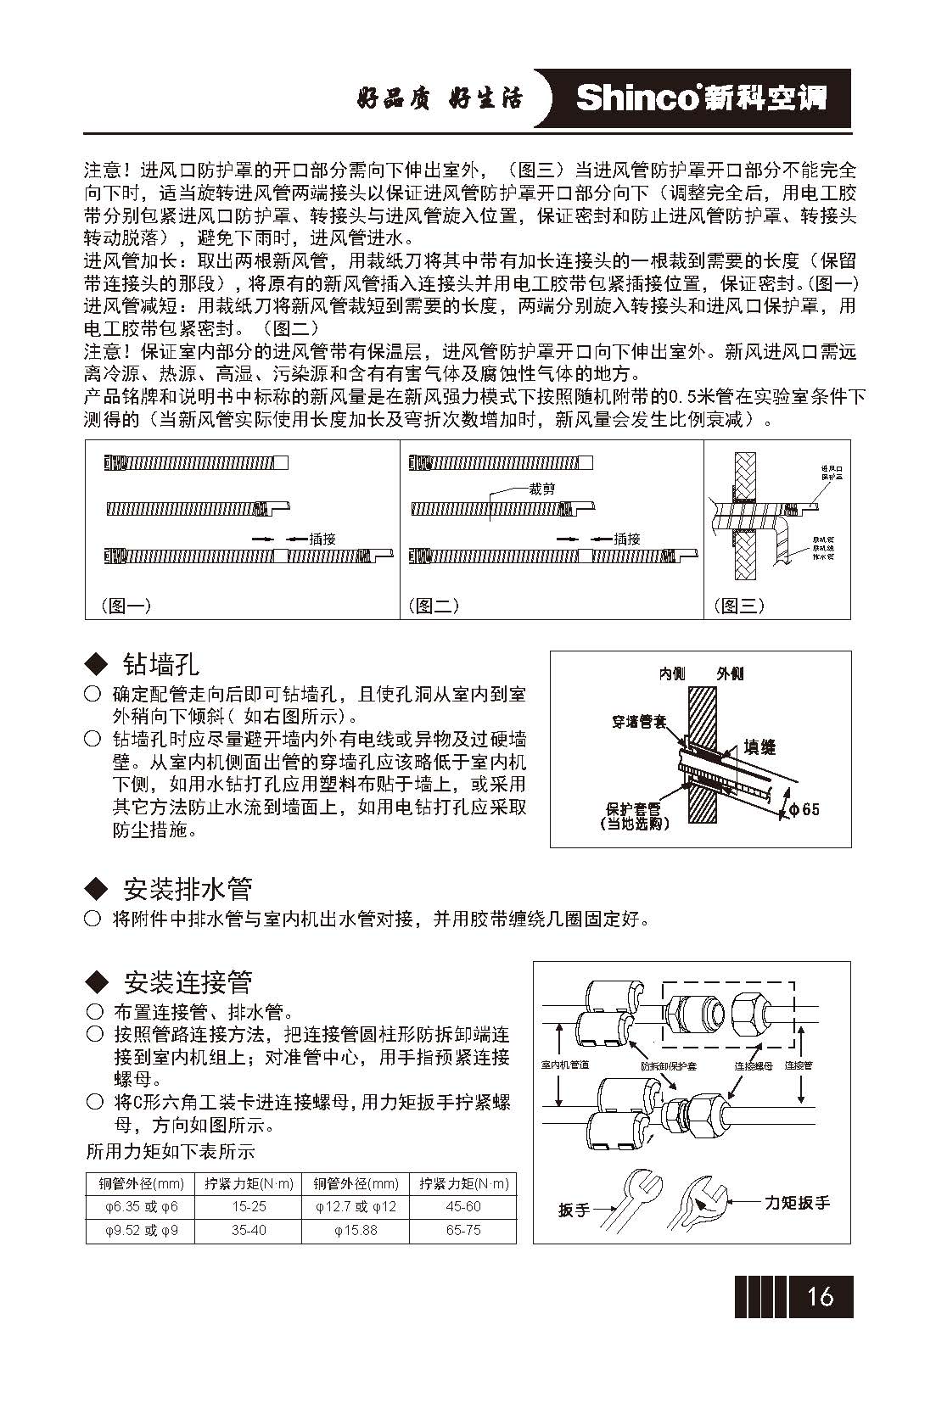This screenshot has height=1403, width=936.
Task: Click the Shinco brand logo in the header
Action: [700, 98]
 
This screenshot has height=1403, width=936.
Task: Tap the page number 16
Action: [820, 1296]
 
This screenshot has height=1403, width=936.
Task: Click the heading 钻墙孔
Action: [160, 662]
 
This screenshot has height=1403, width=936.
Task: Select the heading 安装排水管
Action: [188, 889]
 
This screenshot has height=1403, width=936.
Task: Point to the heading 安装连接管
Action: [188, 982]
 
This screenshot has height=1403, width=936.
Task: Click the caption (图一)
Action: [126, 606]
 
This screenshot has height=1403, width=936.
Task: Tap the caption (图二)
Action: [434, 606]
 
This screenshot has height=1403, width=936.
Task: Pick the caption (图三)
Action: [738, 606]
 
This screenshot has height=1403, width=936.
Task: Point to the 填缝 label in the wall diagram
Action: [759, 746]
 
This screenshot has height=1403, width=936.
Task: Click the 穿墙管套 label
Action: [639, 723]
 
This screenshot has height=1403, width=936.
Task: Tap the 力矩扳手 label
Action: [797, 1202]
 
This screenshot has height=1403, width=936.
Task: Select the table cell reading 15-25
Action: [249, 1206]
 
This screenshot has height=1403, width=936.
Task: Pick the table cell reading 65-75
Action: [462, 1230]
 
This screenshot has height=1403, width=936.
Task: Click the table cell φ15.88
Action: [356, 1230]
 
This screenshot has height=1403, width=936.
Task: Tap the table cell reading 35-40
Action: [249, 1230]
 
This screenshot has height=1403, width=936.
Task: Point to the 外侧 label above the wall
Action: [730, 674]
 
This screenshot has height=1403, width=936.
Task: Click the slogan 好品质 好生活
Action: [440, 98]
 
